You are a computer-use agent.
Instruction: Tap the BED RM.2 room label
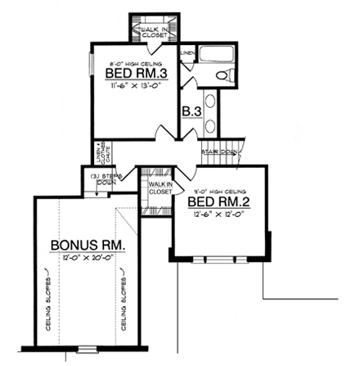tap(217, 201)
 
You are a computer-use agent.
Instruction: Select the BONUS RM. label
tap(88, 245)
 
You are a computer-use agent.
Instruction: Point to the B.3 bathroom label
tap(191, 111)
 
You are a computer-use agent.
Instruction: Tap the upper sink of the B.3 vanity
tap(211, 102)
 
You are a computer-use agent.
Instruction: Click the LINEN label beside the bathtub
tap(187, 55)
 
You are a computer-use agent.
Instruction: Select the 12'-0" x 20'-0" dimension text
tap(88, 257)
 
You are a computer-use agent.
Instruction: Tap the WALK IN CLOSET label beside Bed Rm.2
tap(160, 188)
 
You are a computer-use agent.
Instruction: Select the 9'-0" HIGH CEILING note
tap(218, 192)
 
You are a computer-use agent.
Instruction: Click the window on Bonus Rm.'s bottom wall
tap(88, 350)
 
